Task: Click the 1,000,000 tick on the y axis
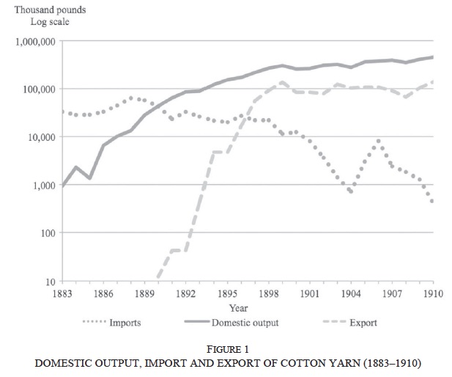(x=35, y=41)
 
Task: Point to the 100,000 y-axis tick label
(x=38, y=89)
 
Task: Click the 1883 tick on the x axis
(x=62, y=294)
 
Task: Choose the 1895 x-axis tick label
(x=227, y=294)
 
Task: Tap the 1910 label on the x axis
(x=433, y=294)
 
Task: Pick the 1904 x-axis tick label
(x=351, y=294)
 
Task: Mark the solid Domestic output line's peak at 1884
(x=76, y=167)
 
